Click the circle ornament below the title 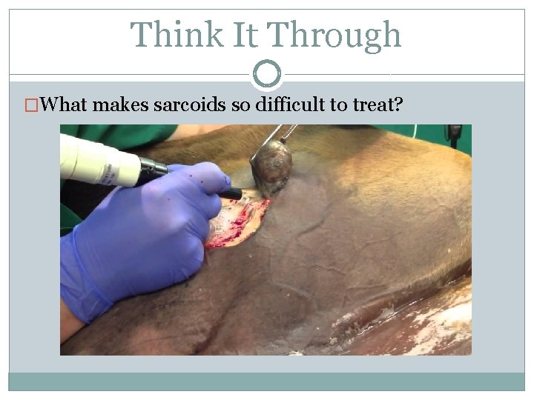click(267, 74)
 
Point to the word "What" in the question click(65, 104)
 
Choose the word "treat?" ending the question click(378, 104)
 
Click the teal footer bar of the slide click(267, 381)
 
